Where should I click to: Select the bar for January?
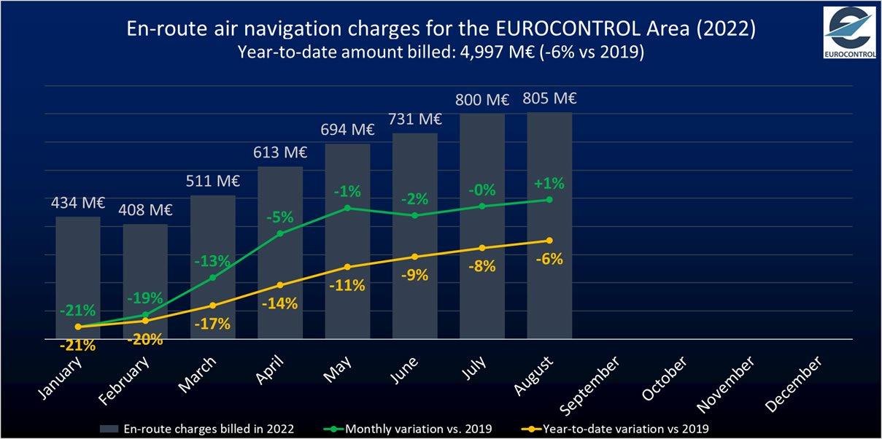[x=78, y=277]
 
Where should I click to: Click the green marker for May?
[x=347, y=208]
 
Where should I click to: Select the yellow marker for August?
[x=549, y=241]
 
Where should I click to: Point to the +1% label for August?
[x=549, y=183]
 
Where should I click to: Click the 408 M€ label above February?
[x=144, y=210]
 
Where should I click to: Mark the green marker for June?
[x=414, y=215]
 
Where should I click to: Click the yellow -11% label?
[x=347, y=285]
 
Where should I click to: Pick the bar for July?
[x=482, y=226]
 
